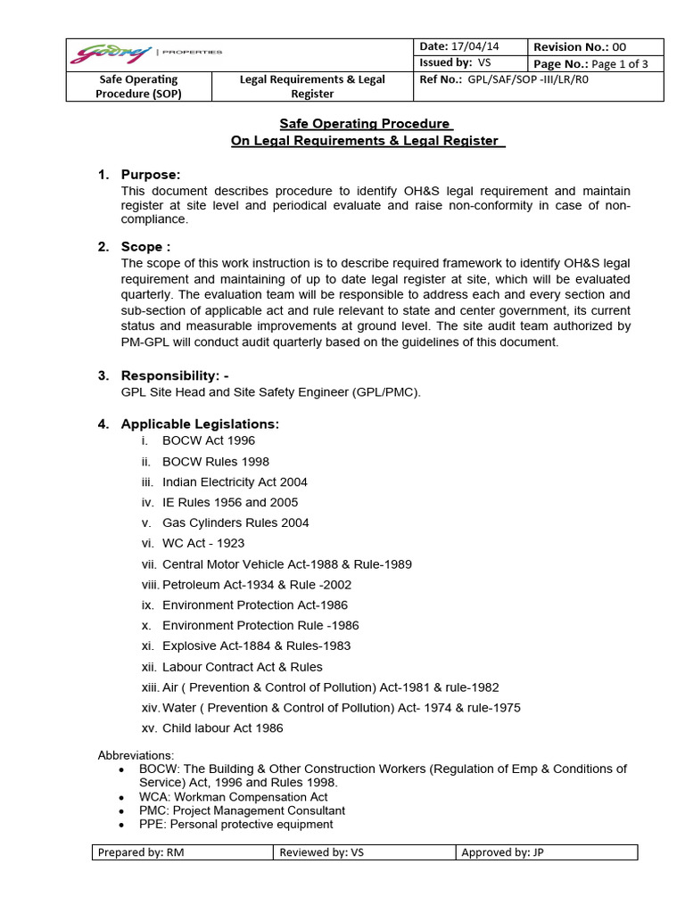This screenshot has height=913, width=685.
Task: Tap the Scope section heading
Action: [x=145, y=246]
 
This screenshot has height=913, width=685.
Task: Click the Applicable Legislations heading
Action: [x=200, y=423]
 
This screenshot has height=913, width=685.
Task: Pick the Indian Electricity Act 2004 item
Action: [x=235, y=481]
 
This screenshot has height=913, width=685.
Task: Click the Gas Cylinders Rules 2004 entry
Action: [x=235, y=522]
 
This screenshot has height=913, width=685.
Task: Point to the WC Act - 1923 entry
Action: [x=203, y=543]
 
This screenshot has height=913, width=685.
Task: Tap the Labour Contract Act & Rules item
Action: [x=243, y=666]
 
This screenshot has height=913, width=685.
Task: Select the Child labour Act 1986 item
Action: [x=223, y=728]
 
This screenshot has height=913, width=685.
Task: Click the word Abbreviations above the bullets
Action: [x=136, y=755]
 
